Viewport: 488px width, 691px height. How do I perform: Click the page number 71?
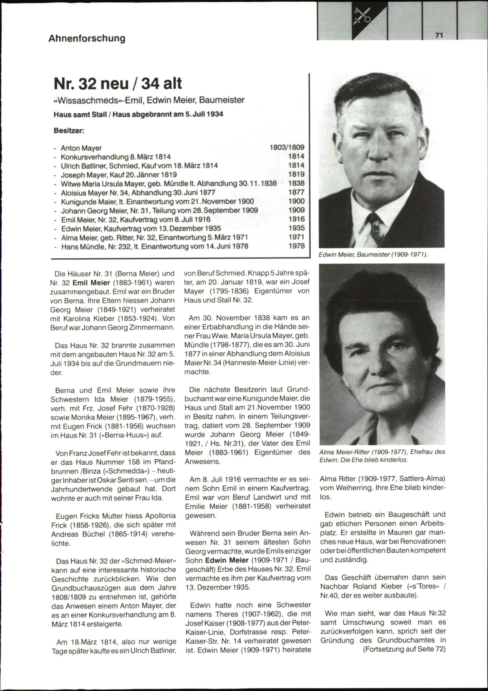[x=439, y=35]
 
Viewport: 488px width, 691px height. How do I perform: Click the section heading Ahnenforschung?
[x=87, y=38]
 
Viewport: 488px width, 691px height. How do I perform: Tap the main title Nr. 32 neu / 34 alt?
[x=118, y=83]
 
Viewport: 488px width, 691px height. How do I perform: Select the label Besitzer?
[x=69, y=131]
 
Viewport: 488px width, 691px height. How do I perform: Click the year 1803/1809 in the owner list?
[x=287, y=147]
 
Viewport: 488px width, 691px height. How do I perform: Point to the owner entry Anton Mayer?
[x=81, y=148]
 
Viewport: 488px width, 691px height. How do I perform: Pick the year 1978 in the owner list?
[x=296, y=246]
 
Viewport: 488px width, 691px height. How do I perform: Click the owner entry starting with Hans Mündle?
[x=154, y=246]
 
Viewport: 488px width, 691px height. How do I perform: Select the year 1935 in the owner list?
[x=296, y=228]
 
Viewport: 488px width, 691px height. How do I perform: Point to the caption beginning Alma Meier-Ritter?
[x=382, y=455]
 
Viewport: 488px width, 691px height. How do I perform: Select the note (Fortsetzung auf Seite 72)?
[x=404, y=649]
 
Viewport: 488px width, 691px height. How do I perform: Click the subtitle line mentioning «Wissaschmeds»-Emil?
[x=149, y=100]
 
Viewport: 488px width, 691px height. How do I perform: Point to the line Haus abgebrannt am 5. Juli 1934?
[x=168, y=114]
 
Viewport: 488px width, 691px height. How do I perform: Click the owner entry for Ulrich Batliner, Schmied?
[x=139, y=166]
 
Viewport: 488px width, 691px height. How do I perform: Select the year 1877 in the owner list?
[x=296, y=192]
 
